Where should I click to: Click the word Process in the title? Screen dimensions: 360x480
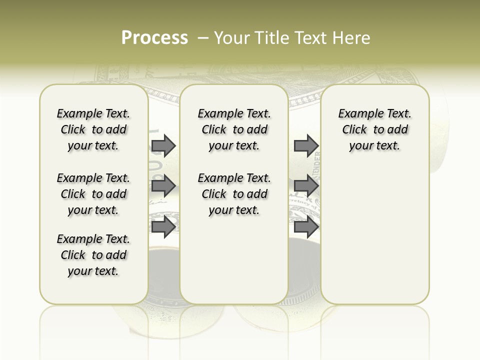click(x=154, y=37)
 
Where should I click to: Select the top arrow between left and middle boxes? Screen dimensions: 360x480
click(x=163, y=145)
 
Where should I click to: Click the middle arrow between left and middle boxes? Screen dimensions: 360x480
click(x=163, y=186)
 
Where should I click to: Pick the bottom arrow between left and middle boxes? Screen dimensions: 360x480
click(x=163, y=227)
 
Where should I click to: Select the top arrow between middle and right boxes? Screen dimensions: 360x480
click(x=306, y=145)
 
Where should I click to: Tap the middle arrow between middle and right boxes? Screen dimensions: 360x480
click(x=306, y=186)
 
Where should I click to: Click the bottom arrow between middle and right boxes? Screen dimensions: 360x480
click(x=306, y=227)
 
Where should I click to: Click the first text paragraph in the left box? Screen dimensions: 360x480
click(x=93, y=129)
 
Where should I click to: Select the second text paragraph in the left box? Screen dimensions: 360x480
click(x=93, y=194)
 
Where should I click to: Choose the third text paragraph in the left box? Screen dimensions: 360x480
click(x=93, y=255)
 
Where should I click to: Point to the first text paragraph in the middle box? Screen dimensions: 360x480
click(x=234, y=129)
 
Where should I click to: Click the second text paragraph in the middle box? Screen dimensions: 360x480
click(x=234, y=194)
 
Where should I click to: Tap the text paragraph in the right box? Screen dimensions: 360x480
click(x=374, y=129)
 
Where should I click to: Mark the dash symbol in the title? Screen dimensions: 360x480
click(x=203, y=38)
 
